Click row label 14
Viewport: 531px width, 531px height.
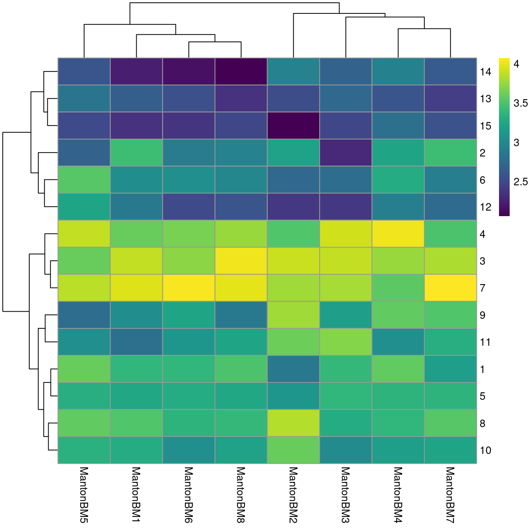(486, 72)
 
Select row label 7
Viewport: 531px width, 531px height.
(482, 288)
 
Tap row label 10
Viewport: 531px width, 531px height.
(486, 450)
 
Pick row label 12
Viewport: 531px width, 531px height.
(486, 207)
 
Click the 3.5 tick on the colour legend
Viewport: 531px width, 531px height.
(520, 104)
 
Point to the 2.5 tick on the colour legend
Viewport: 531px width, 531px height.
(520, 182)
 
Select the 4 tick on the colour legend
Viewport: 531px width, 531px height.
(516, 64)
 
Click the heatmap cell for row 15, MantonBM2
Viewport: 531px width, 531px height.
(293, 126)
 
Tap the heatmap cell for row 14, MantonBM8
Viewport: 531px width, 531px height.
(241, 72)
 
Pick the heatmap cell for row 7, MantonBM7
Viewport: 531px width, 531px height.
(450, 288)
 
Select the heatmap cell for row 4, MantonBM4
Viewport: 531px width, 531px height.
(398, 233)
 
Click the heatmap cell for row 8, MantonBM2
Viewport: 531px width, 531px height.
(293, 423)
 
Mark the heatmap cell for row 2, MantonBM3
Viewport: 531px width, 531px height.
(346, 153)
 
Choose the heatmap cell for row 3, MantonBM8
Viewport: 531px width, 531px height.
(241, 261)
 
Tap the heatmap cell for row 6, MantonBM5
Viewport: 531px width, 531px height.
(84, 180)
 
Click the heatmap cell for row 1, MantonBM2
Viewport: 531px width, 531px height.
(293, 369)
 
